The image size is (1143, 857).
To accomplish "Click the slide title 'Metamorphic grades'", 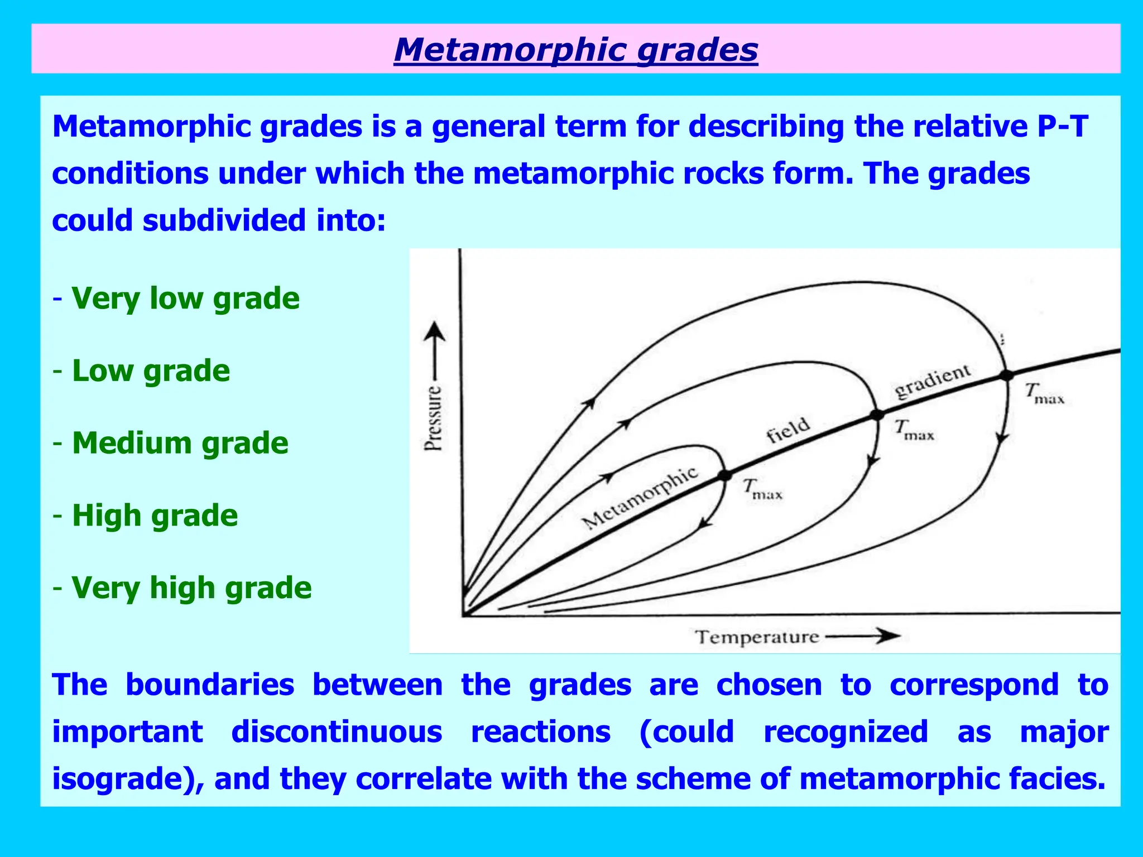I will pos(575,50).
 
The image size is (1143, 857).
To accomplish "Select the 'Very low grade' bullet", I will pos(185,298).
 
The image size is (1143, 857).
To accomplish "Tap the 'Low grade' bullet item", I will pos(151,370).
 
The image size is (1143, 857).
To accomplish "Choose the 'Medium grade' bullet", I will pos(180,443).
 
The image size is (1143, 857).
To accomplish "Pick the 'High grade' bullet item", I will pos(155,515).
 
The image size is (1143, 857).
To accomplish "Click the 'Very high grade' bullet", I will pos(191,588).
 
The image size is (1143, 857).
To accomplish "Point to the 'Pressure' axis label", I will pos(433,418).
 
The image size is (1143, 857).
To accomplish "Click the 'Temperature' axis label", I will pos(756,637).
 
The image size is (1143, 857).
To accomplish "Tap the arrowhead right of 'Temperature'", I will pos(887,635).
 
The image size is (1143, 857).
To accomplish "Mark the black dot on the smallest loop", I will pos(724,475).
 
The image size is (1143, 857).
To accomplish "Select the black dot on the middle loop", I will pos(877,415).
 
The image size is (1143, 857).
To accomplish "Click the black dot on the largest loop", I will pos(1006,375).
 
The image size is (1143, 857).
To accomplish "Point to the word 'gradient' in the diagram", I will pos(933,381).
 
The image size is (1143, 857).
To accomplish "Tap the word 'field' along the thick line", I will pos(787,430).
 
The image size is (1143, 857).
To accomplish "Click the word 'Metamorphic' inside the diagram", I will pos(640,498).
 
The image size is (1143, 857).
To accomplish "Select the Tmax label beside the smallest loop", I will pos(762,489).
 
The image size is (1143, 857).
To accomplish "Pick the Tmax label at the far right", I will pos(1044,393).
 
